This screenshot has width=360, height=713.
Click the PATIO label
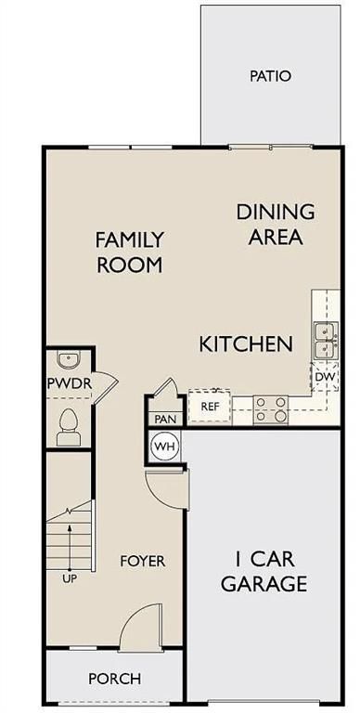tap(270, 75)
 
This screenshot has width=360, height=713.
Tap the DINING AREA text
tap(275, 224)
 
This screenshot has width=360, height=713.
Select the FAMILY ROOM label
tap(129, 252)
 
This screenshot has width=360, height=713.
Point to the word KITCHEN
tap(246, 344)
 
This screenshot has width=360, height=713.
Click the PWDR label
tap(68, 384)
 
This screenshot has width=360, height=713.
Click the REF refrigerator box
tap(210, 406)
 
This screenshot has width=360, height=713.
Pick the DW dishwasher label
tap(324, 377)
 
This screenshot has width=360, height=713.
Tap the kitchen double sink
tap(324, 341)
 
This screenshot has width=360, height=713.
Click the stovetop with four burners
tap(271, 408)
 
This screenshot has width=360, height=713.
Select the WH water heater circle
tap(164, 446)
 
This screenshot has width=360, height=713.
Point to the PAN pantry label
tap(164, 419)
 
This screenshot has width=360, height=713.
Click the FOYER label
tap(142, 561)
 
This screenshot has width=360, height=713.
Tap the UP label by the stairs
tap(70, 578)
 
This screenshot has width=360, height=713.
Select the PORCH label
tap(114, 679)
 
